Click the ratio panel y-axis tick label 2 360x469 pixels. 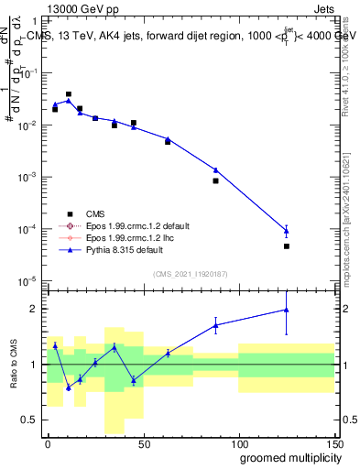point(34,309)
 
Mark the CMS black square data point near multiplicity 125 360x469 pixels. point(287,246)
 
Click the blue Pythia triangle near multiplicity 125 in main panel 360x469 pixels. point(287,231)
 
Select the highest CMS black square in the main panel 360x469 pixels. point(69,93)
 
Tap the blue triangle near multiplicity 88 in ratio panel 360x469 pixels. point(215,324)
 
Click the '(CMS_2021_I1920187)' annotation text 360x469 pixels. point(190,274)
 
